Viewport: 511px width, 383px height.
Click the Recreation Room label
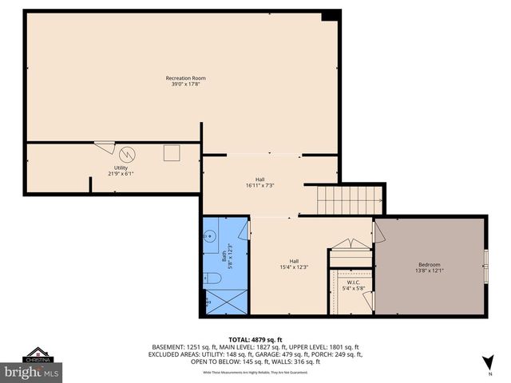click(x=185, y=81)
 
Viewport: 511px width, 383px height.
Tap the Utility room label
click(x=117, y=171)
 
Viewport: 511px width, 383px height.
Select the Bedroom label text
click(x=429, y=267)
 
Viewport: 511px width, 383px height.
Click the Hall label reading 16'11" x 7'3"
click(x=259, y=183)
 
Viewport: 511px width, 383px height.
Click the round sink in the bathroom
click(x=208, y=236)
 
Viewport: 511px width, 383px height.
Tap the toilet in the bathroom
click(x=210, y=278)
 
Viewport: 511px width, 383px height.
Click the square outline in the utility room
click(x=172, y=152)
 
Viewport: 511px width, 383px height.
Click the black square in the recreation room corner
click(x=329, y=17)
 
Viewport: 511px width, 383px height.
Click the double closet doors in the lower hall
click(x=351, y=244)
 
